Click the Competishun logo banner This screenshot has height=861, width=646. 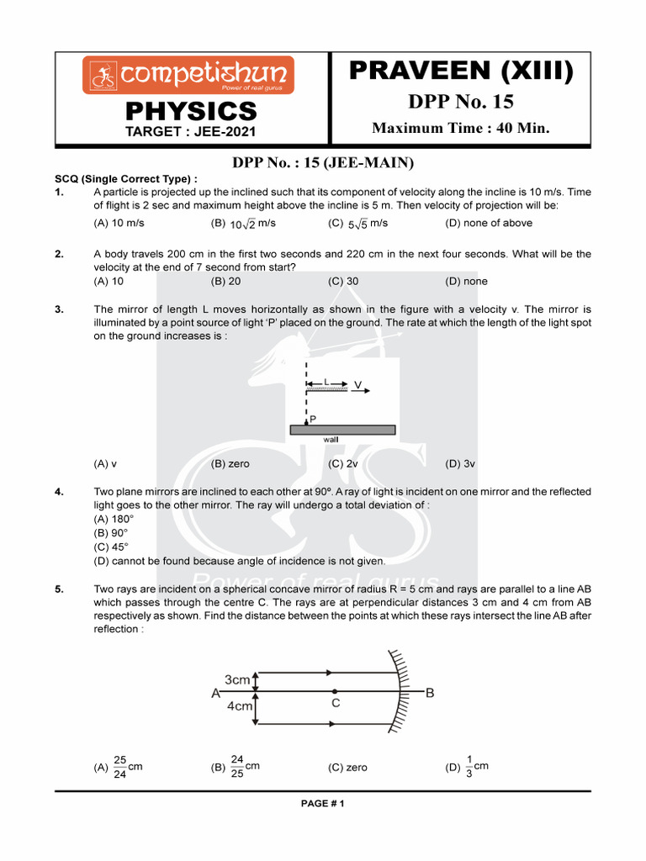[x=188, y=75]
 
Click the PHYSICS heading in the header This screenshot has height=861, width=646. [x=191, y=111]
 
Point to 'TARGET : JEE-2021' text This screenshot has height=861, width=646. [x=190, y=131]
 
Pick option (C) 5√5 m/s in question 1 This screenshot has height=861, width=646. [x=357, y=224]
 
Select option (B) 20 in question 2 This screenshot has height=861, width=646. [x=225, y=282]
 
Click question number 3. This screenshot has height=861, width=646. [x=60, y=309]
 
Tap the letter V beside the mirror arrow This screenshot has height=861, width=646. [x=358, y=385]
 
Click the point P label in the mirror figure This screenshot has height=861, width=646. [x=313, y=418]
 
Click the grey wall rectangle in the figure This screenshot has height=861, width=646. [x=342, y=429]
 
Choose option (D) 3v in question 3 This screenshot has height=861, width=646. [x=460, y=463]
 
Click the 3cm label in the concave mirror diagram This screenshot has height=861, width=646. [x=238, y=679]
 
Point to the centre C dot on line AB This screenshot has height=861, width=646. [x=335, y=691]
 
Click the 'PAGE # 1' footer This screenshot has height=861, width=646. [x=323, y=804]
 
